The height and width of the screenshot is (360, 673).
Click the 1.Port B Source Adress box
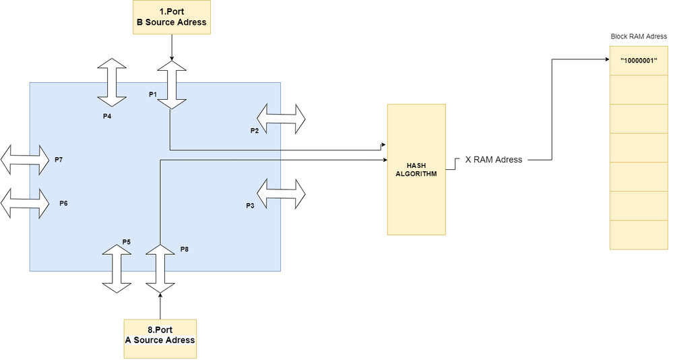[x=172, y=18]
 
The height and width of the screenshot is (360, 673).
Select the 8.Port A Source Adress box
[x=160, y=336]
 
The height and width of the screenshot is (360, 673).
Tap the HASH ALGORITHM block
[x=416, y=169]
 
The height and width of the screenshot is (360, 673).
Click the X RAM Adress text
[x=493, y=160]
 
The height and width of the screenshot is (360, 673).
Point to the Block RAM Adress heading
[x=639, y=37]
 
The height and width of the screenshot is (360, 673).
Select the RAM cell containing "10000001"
[x=639, y=61]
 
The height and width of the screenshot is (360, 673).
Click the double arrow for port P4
[x=112, y=83]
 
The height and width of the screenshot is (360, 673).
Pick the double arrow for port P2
[x=281, y=119]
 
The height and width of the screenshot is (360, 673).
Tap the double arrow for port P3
[x=281, y=193]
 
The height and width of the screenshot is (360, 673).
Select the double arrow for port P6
[x=26, y=203]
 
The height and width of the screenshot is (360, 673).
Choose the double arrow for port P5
[x=117, y=269]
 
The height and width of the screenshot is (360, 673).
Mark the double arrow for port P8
[x=160, y=269]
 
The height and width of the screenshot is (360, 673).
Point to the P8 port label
[x=185, y=249]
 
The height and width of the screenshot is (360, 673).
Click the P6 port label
[x=63, y=203]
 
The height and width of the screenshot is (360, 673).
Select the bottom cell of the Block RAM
[x=639, y=235]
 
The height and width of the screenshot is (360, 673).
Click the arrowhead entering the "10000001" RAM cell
[x=606, y=60]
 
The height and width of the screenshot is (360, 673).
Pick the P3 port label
[x=250, y=205]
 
